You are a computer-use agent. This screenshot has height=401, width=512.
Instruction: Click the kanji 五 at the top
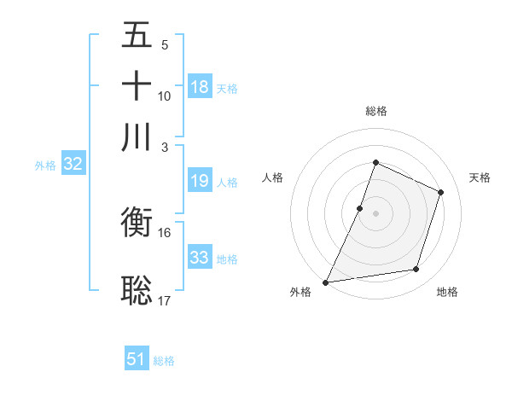(137, 37)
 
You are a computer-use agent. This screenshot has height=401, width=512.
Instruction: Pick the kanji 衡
(137, 225)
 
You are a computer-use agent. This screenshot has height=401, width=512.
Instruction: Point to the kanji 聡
(137, 290)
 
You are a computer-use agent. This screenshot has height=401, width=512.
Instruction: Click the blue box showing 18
(200, 87)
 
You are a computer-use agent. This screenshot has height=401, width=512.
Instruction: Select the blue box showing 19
(200, 181)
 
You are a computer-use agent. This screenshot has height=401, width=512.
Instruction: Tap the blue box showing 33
(200, 258)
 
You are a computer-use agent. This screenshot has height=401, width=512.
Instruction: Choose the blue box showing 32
(73, 165)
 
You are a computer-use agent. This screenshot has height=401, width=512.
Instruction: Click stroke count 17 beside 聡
(165, 299)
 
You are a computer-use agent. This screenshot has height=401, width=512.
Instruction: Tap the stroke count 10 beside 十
(165, 96)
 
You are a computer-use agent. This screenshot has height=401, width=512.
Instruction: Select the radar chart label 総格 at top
(375, 111)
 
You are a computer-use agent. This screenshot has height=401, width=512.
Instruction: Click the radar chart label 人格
(273, 177)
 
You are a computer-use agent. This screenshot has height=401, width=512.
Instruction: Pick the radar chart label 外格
(300, 293)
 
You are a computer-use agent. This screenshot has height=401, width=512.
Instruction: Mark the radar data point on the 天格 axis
(441, 192)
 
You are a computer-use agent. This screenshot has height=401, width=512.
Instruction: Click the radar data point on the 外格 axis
(326, 282)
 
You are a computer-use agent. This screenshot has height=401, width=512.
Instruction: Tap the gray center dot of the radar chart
(375, 213)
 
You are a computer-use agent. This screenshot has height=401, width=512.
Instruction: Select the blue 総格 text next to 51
(164, 361)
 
